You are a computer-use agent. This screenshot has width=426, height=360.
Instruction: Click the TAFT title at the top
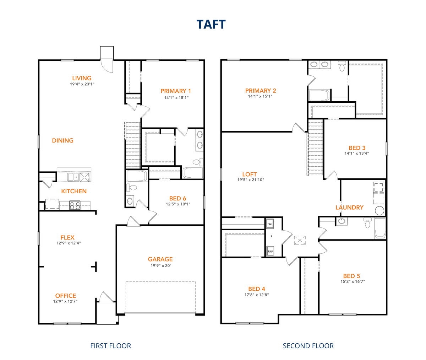(211, 25)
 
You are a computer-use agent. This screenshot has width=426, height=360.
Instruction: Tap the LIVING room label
(82, 78)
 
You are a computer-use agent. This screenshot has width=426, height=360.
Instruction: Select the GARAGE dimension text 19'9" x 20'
(160, 265)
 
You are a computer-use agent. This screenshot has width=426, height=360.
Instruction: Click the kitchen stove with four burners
(75, 205)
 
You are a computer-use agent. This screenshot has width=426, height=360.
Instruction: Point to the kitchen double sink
(73, 177)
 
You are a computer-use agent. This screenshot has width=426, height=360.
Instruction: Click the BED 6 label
(177, 198)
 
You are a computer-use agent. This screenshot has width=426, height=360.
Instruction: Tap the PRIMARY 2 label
(261, 91)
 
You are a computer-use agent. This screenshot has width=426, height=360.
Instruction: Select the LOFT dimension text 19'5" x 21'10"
(251, 180)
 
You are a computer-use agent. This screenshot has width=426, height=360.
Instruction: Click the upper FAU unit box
(270, 224)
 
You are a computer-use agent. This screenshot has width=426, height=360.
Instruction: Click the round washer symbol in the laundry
(379, 211)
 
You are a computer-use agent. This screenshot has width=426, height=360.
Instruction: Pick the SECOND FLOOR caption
(308, 346)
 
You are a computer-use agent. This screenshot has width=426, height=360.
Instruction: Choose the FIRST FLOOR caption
(110, 346)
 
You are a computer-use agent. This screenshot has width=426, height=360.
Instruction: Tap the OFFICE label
(65, 296)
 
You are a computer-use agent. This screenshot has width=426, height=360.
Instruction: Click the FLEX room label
(67, 238)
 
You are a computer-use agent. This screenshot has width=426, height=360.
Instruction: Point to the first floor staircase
(132, 145)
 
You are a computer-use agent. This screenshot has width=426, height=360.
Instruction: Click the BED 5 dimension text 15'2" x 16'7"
(353, 281)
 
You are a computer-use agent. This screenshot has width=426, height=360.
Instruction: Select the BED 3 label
(357, 148)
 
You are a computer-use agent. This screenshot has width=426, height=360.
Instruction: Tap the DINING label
(62, 141)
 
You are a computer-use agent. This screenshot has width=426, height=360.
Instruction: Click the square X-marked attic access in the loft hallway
(300, 240)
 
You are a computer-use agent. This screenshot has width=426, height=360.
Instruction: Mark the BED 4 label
(257, 289)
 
